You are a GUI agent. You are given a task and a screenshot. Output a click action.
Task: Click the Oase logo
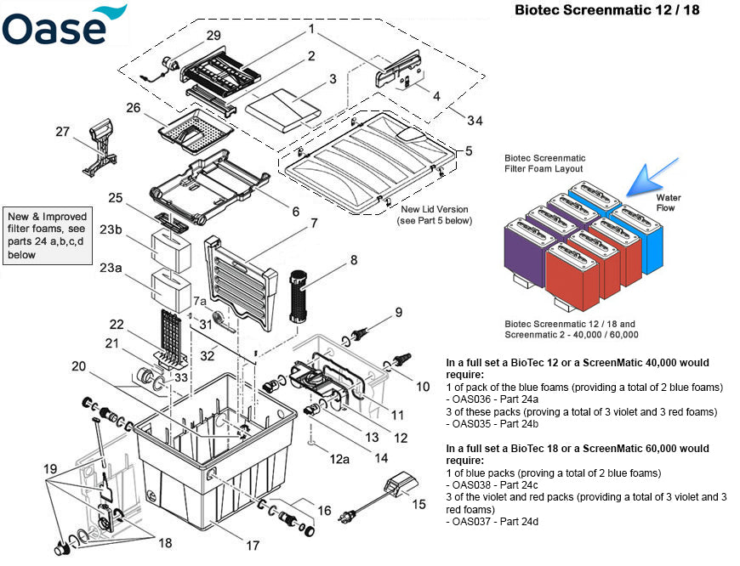click(x=64, y=25)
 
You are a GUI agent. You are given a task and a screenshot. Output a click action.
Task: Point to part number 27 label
click(x=62, y=132)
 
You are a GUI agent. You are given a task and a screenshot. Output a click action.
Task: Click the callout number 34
click(x=474, y=121)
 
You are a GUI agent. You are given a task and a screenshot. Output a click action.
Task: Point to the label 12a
click(x=340, y=460)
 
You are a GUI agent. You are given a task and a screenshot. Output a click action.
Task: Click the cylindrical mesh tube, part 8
click(x=298, y=293)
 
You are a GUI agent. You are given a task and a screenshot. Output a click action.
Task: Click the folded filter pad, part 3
click(x=282, y=109)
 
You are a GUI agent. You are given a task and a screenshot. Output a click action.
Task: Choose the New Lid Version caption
click(x=434, y=215)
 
